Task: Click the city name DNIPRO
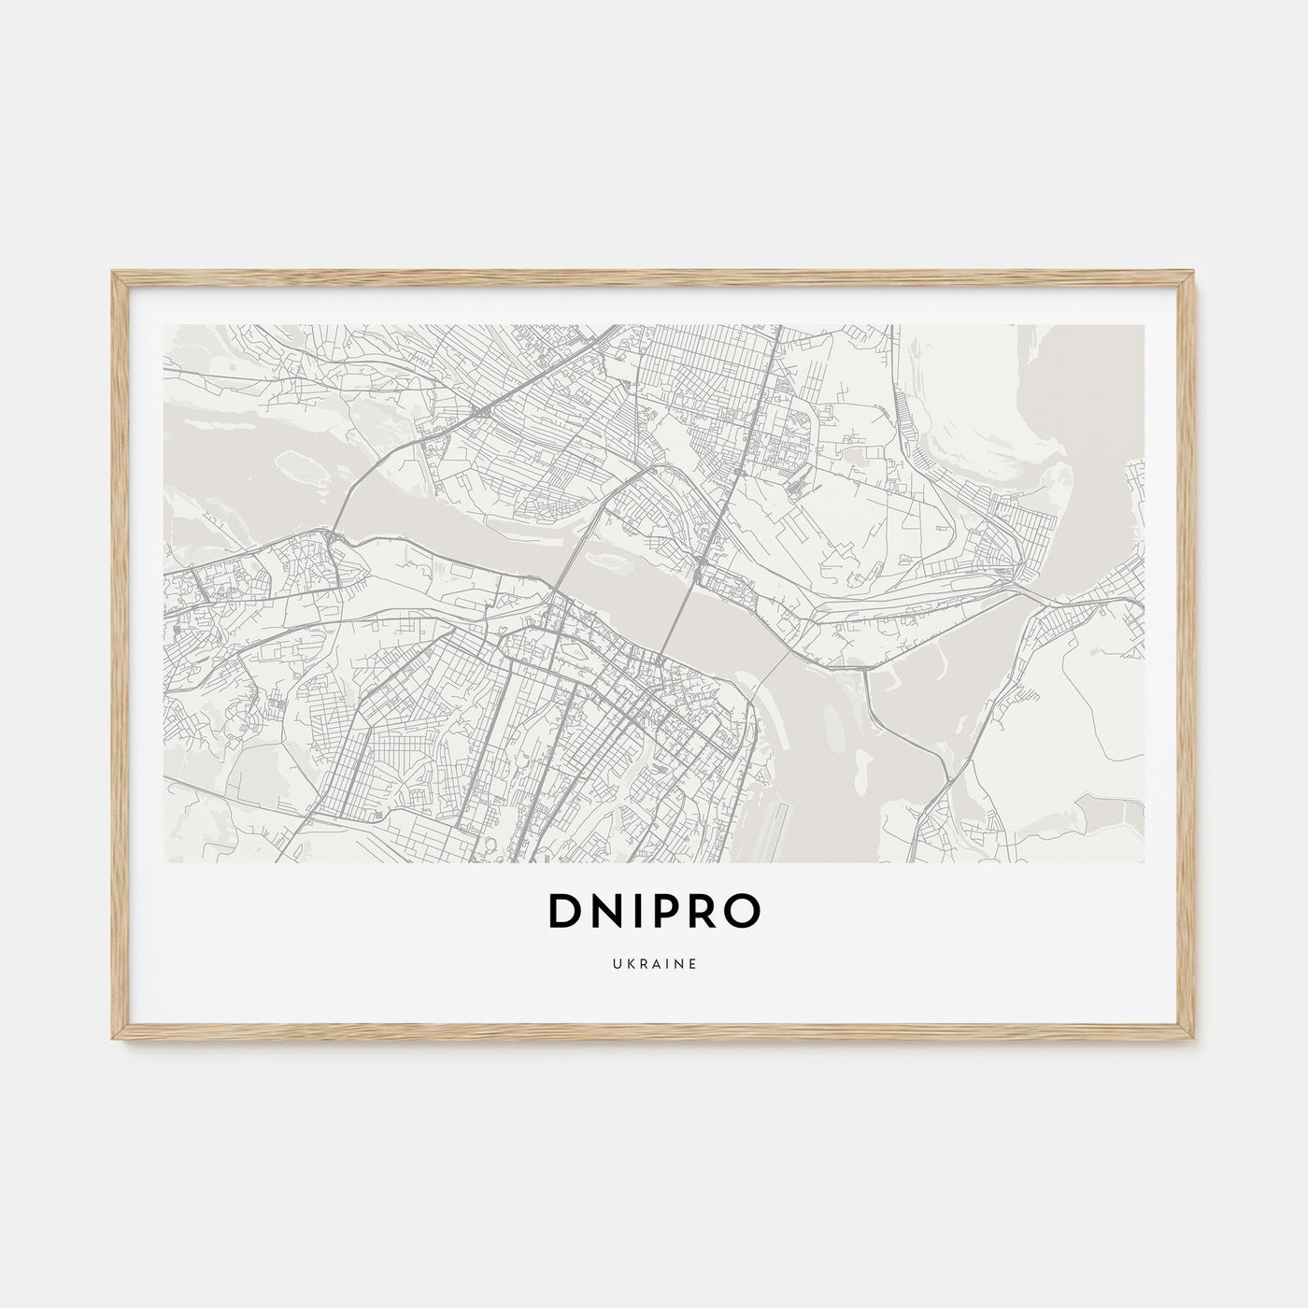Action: [x=654, y=915]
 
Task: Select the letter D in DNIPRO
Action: [x=567, y=915]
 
